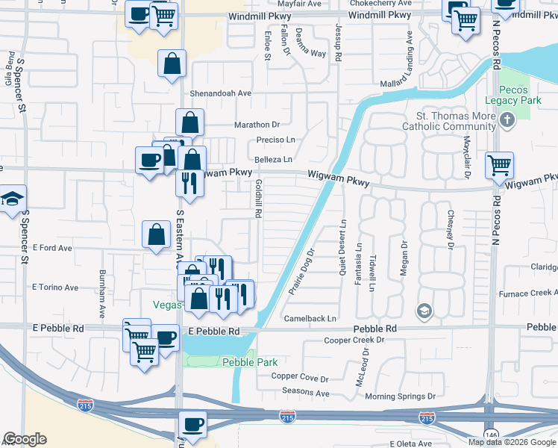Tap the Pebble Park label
pyautogui.click(x=239, y=362)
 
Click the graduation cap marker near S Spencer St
pyautogui.click(x=13, y=199)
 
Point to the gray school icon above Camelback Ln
pyautogui.click(x=424, y=310)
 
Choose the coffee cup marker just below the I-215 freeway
pyautogui.click(x=193, y=423)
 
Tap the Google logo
pyautogui.click(x=24, y=439)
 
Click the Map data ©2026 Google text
pyautogui.click(x=512, y=442)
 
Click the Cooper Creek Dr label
pyautogui.click(x=354, y=340)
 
